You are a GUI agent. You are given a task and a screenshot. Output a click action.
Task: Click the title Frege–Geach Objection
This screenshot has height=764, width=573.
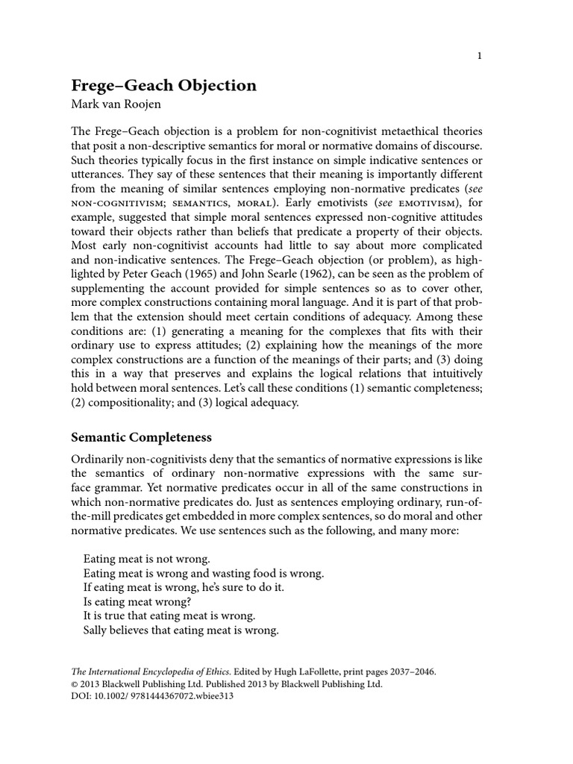coord(163,86)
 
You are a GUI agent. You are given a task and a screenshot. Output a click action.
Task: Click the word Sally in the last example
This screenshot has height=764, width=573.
coord(97,630)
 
